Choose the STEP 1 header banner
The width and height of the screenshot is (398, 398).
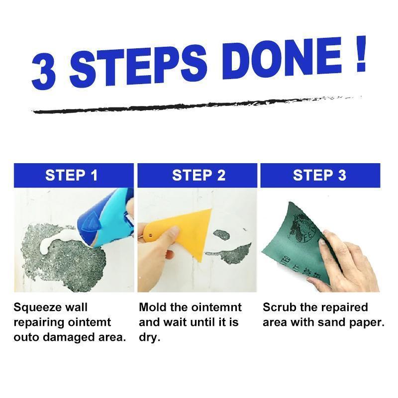click(x=74, y=175)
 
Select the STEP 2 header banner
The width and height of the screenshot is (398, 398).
click(x=199, y=175)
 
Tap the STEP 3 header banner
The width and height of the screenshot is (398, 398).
click(x=320, y=175)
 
